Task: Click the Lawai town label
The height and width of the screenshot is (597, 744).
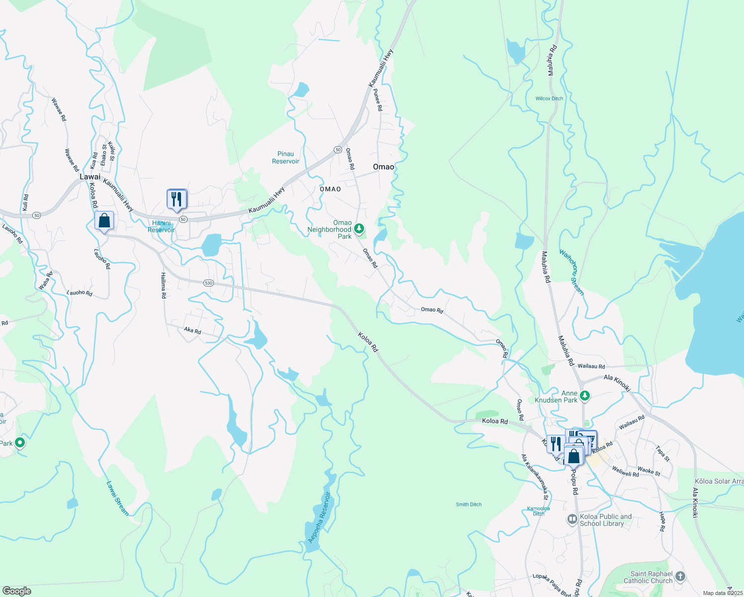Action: [90, 177]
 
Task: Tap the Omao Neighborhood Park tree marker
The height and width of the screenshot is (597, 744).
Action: [359, 229]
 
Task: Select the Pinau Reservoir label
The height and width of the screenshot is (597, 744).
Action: [285, 158]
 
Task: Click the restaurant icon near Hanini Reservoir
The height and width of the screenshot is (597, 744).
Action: [177, 199]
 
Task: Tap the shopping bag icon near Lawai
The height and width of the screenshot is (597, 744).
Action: [104, 220]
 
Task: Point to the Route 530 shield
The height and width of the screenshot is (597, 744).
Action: [208, 283]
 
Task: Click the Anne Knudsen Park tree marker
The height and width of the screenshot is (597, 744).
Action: [585, 396]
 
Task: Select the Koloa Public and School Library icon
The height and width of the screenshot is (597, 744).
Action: [572, 519]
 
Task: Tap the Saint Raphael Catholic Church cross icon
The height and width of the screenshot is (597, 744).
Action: [680, 577]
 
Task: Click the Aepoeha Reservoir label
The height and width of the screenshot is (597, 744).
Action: [319, 517]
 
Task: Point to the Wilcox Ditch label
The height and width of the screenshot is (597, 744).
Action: [549, 99]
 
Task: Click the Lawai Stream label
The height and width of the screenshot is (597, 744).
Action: [117, 498]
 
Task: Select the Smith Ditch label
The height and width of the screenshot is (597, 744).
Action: [468, 504]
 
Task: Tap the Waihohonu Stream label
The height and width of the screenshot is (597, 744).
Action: [571, 273]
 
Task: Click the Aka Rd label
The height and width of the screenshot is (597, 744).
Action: [192, 330]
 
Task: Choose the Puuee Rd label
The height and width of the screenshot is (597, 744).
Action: [378, 100]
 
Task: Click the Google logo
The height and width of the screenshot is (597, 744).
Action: [16, 591]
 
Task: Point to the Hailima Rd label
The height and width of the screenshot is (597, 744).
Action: [163, 285]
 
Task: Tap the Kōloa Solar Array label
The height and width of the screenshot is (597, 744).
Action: [719, 481]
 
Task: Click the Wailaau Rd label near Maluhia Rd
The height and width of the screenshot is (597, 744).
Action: [591, 366]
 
